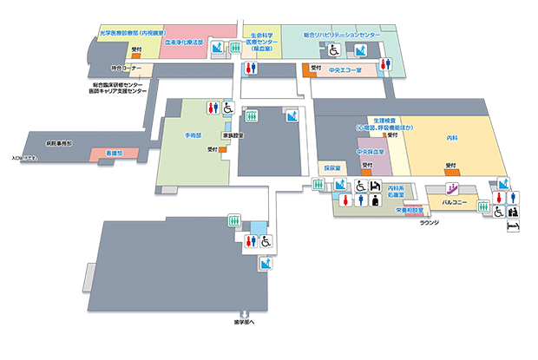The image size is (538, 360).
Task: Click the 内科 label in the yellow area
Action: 451,138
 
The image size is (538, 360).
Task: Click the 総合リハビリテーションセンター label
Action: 342,36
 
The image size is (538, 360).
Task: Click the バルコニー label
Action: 455,202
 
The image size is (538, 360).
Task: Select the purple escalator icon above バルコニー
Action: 451,187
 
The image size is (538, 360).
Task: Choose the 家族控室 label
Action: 232,136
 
